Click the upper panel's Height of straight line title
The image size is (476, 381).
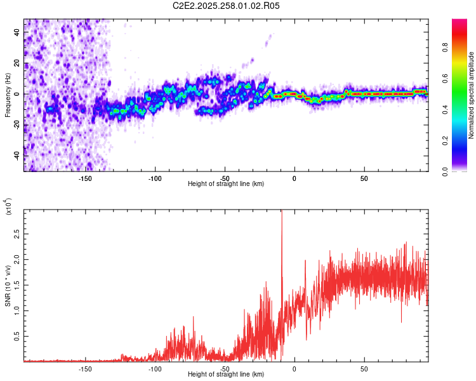226,184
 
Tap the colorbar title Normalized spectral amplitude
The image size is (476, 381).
472,95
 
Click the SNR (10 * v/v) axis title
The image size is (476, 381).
8,286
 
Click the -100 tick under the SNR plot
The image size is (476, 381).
155,368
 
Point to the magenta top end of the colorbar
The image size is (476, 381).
459,22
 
